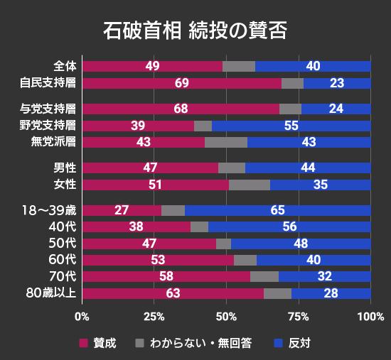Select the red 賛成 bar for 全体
click(x=152, y=66)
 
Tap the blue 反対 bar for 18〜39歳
click(x=277, y=210)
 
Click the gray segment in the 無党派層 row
click(x=226, y=142)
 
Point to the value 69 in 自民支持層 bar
click(x=181, y=83)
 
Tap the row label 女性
click(x=65, y=185)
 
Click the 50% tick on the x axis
click(x=226, y=316)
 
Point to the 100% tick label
click(x=370, y=316)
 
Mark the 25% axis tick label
click(x=154, y=316)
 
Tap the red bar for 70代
click(x=166, y=276)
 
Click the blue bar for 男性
click(x=308, y=168)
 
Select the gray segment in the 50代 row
click(x=224, y=244)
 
